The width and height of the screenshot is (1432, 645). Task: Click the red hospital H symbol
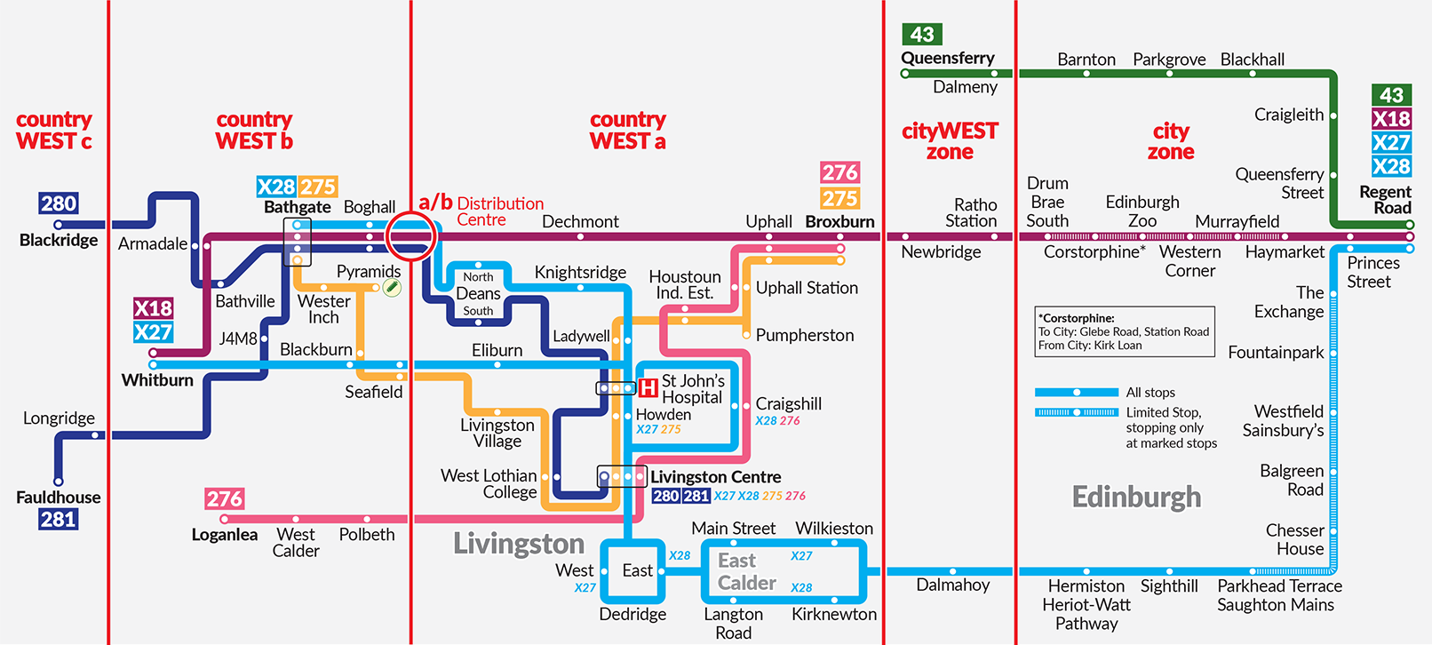click(x=648, y=388)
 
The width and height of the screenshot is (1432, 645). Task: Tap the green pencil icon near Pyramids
click(x=392, y=287)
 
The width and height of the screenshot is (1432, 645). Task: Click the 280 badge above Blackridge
click(x=59, y=203)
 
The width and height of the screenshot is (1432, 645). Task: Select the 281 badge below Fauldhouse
click(x=58, y=519)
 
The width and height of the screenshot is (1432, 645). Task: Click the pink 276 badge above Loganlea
click(x=224, y=499)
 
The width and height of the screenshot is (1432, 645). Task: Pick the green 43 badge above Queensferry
click(x=922, y=35)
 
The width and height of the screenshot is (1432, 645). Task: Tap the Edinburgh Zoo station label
click(x=1142, y=211)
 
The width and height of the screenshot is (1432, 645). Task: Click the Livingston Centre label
click(x=715, y=477)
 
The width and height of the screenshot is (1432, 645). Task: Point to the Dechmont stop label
click(x=580, y=221)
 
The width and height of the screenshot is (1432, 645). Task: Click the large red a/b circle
click(x=411, y=236)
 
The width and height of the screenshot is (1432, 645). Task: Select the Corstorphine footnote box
click(x=1125, y=331)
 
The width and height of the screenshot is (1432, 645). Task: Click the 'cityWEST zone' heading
click(x=950, y=141)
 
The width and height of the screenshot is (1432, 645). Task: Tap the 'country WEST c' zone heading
click(x=54, y=131)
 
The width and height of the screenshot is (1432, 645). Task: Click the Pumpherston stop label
click(x=804, y=335)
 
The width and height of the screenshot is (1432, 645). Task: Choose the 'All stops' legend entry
click(x=1150, y=392)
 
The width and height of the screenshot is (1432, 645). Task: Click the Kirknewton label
click(x=833, y=614)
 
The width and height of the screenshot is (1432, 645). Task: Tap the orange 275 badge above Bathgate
click(x=318, y=187)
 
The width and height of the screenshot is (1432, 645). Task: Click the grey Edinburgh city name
click(x=1136, y=497)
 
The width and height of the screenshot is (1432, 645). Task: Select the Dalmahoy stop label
click(x=952, y=585)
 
